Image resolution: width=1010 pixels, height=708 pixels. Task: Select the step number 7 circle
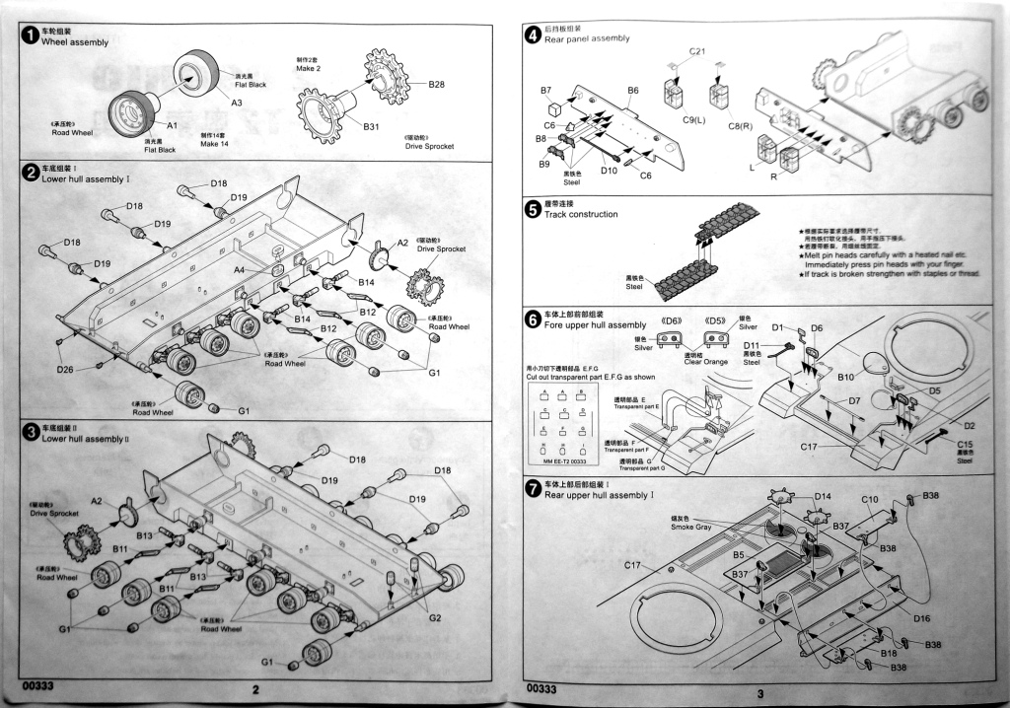pos(533,488)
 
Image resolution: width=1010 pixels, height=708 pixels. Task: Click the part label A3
pos(237,103)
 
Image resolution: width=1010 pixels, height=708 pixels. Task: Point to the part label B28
pos(437,85)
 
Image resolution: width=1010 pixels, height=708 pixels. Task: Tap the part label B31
pos(371,127)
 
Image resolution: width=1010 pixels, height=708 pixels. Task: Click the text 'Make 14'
pos(215,144)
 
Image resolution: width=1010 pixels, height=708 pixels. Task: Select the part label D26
pos(64,370)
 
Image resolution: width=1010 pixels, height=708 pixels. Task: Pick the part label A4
pos(240,269)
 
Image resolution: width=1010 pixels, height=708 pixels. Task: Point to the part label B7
pos(545,91)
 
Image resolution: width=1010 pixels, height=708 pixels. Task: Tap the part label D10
pos(609,170)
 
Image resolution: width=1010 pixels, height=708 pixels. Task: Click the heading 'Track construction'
pos(581,214)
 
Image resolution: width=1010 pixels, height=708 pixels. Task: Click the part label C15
pos(966,445)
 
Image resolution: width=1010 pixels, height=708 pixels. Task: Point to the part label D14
pos(824,496)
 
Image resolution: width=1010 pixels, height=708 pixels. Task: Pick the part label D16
pos(922,618)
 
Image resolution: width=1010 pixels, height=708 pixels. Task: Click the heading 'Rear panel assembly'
pos(586,38)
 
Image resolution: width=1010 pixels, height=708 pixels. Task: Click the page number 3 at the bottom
pos(760,693)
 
